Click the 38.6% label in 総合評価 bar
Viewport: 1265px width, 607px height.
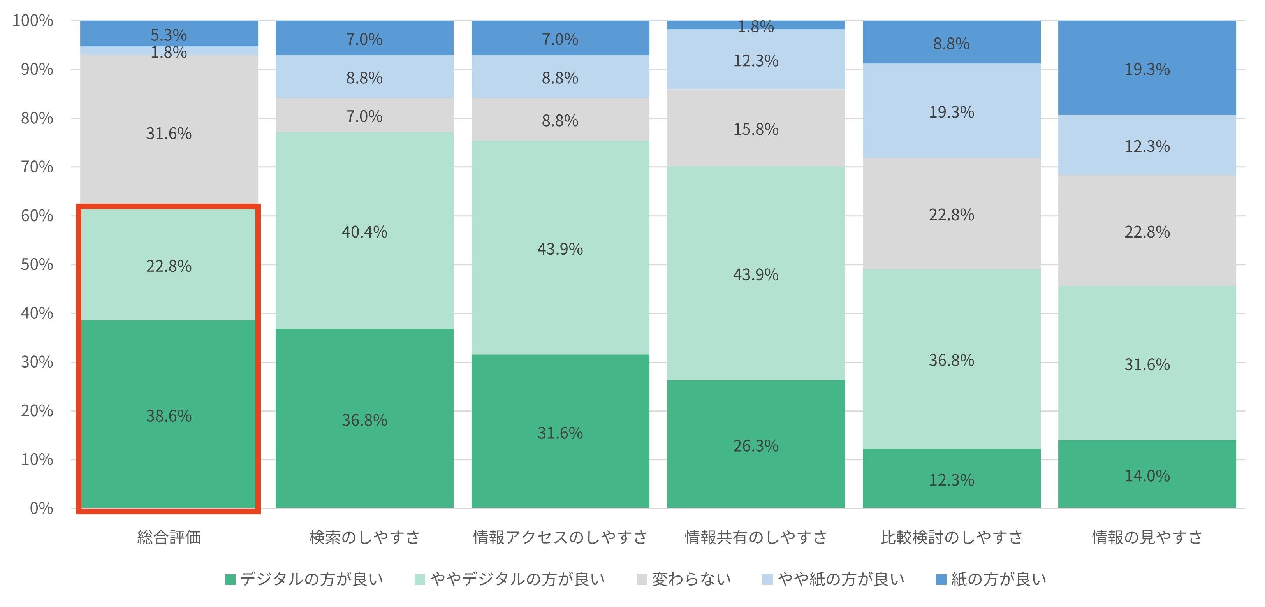[x=169, y=416]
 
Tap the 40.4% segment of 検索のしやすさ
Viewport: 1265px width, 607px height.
[x=364, y=231]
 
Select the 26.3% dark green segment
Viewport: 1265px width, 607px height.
[x=755, y=445]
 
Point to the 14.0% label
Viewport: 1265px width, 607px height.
[x=1147, y=475]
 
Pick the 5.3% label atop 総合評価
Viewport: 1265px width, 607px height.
[x=169, y=35]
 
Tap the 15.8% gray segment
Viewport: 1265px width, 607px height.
[x=755, y=128]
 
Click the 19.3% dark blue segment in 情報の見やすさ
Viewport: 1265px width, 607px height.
[x=1147, y=69]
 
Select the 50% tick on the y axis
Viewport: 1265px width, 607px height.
[x=37, y=264]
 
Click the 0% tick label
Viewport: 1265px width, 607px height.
[x=41, y=508]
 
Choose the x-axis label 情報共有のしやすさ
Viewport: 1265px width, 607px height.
[x=755, y=537]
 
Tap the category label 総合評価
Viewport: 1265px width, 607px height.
[x=169, y=537]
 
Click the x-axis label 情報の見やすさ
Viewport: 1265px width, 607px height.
[x=1147, y=537]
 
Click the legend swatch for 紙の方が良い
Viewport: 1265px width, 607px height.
[x=941, y=579]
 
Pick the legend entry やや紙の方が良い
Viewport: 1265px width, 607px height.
[x=841, y=579]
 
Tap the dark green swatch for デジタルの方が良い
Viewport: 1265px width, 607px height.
[x=230, y=579]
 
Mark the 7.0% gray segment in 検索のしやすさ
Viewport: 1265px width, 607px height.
[x=364, y=116]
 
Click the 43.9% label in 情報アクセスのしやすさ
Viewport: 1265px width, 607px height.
[x=560, y=248]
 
